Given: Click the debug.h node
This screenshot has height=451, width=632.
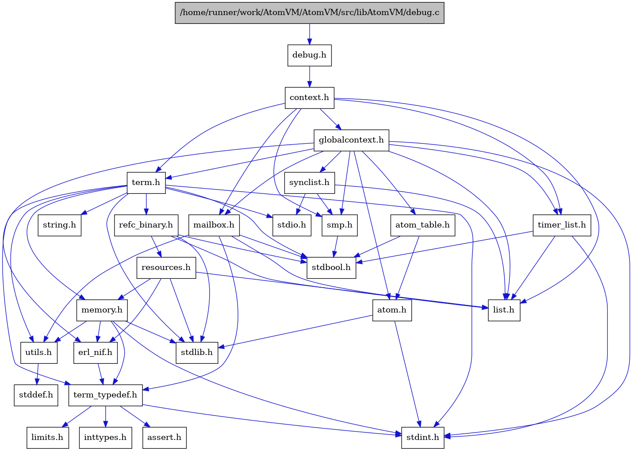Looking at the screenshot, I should tap(309, 55).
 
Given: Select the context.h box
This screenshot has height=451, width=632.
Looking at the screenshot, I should tap(309, 97).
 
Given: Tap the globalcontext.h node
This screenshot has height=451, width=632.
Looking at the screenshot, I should tap(351, 140).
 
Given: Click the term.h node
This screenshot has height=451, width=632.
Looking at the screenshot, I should tap(146, 183).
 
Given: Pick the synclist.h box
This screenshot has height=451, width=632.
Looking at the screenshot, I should tap(309, 183).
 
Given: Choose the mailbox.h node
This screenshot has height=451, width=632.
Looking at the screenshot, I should tap(214, 225).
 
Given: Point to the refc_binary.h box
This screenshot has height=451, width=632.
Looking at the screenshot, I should tap(146, 225).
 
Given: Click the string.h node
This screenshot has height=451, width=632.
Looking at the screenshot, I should tap(59, 225).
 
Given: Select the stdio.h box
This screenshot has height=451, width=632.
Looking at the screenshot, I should tap(291, 225).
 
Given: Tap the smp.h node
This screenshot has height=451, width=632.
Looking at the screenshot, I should tap(340, 225).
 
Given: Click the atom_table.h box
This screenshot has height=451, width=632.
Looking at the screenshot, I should tap(422, 225).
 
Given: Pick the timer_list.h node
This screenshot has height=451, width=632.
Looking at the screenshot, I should tap(562, 225).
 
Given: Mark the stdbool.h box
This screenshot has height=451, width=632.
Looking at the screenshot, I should tap(331, 267).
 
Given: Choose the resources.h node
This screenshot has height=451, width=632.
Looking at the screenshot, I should tap(166, 267).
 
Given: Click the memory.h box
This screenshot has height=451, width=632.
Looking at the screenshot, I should tap(102, 310).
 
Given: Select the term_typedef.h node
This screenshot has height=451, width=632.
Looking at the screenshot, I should tap(105, 395).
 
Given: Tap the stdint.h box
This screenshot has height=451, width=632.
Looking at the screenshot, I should tap(422, 437).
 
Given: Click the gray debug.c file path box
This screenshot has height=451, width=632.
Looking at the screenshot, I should tap(309, 12).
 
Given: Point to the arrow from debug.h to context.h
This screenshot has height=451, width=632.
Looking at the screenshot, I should tap(309, 76).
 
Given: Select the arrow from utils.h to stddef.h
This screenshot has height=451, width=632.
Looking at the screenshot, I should tap(38, 374).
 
